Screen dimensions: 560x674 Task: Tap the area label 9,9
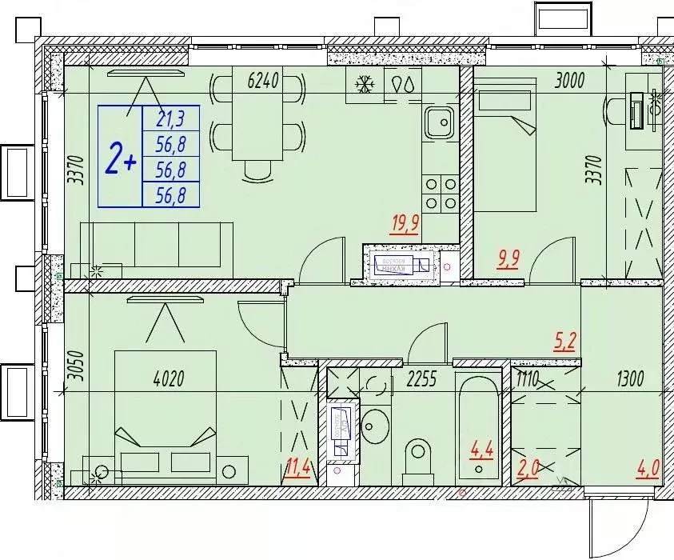(508, 260)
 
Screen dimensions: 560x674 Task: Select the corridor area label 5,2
(564, 342)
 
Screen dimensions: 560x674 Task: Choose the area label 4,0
(648, 466)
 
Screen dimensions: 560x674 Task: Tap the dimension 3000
(571, 79)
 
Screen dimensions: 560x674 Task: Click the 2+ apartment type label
(120, 159)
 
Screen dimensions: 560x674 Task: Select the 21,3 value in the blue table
(170, 120)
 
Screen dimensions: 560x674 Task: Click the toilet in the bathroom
(417, 456)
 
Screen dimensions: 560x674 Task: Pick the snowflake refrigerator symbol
(365, 83)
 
